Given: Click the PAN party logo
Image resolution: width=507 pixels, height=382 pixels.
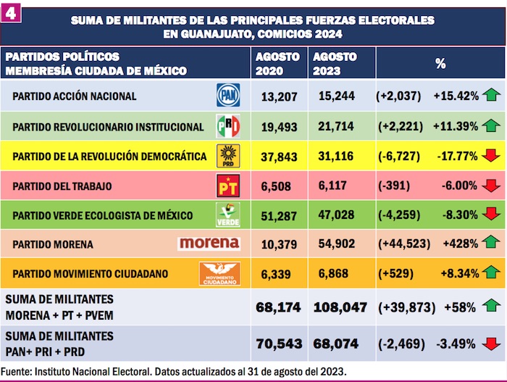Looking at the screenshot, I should [228, 95].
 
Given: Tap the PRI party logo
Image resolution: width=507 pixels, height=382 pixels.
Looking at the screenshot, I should [228, 125].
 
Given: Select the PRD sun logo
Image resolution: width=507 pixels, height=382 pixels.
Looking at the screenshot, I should [228, 155].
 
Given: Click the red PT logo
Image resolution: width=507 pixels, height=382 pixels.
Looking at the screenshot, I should [228, 185].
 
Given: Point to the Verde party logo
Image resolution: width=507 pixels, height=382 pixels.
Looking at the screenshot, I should [228, 215].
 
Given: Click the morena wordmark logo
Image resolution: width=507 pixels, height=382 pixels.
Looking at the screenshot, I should [209, 243].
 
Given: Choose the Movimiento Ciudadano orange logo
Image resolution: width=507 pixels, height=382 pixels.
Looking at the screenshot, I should [219, 273].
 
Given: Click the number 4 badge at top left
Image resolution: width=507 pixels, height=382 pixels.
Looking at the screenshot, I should [11, 12].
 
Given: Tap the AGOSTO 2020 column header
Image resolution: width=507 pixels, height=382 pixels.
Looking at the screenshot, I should [275, 64].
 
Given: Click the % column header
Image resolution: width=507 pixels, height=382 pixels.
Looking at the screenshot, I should [440, 64].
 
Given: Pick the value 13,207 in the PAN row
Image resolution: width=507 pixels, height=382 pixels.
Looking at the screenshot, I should [275, 96].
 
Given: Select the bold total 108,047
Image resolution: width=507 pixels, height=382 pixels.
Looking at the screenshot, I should [340, 307].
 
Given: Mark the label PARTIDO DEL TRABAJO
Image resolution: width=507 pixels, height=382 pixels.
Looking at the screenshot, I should [62, 186].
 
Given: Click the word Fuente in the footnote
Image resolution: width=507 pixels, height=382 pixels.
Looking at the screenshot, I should [17, 371].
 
